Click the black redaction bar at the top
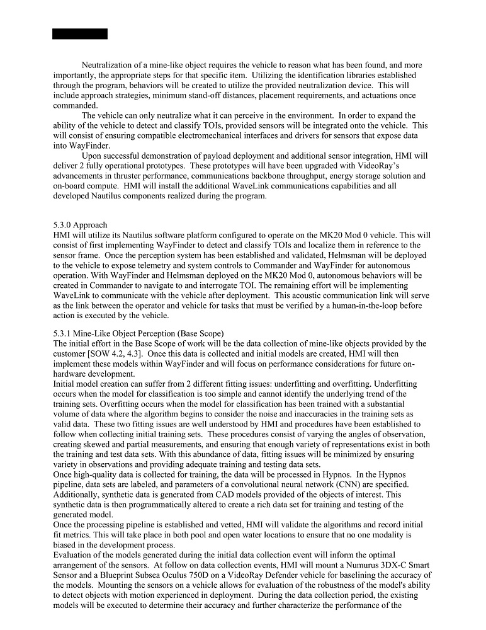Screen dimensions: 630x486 79,34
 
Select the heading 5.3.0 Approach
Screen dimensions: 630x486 80,225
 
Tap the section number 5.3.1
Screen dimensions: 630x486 62,333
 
